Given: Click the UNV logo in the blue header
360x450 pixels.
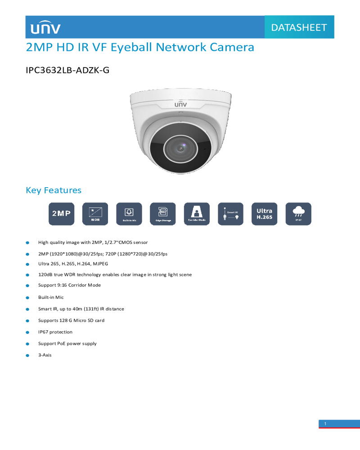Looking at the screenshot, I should click(x=45, y=28).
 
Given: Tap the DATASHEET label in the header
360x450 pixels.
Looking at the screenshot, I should click(x=299, y=27).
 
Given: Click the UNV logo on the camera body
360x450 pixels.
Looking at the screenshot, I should click(x=180, y=104).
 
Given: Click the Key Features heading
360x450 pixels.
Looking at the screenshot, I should click(x=54, y=190).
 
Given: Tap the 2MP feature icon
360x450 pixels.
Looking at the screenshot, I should click(x=61, y=214).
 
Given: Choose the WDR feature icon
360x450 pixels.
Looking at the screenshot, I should click(x=95, y=214).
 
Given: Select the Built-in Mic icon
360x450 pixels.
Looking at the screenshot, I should click(x=129, y=214).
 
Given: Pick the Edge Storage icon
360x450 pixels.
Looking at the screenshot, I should click(x=163, y=214).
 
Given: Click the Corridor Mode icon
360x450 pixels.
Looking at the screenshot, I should click(x=197, y=214).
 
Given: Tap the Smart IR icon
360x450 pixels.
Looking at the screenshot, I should click(x=230, y=214).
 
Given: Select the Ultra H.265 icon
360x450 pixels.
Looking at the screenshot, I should click(x=264, y=214).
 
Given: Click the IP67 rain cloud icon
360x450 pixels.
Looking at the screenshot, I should click(x=298, y=214).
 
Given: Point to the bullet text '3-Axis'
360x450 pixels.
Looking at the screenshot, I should click(x=45, y=355).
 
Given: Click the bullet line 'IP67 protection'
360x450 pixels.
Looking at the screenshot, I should click(x=55, y=332).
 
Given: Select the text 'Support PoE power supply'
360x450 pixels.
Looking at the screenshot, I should click(x=67, y=343).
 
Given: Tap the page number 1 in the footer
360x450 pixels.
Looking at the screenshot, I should click(x=325, y=423).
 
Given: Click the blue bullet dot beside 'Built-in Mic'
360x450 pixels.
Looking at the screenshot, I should click(x=27, y=297).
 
